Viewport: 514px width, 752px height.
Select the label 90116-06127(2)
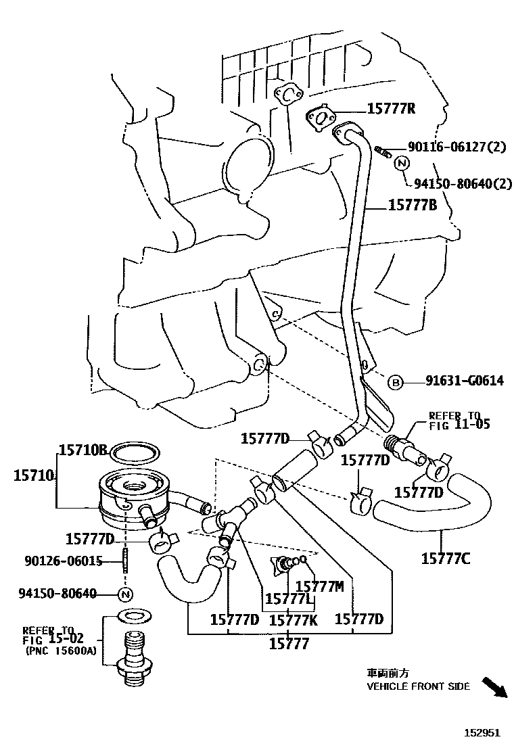[456, 147]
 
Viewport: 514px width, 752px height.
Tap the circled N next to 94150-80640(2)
[401, 163]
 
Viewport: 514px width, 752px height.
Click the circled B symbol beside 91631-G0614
[395, 382]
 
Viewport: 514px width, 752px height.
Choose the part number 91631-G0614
[464, 381]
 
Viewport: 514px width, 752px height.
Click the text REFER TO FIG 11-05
[459, 420]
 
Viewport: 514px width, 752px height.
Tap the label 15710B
[83, 450]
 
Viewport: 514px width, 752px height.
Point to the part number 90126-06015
[64, 561]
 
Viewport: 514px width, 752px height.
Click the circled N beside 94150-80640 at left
[125, 594]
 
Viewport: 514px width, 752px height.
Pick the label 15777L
[288, 599]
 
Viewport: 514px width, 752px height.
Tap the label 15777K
[293, 619]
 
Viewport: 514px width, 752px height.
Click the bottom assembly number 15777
[289, 644]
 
